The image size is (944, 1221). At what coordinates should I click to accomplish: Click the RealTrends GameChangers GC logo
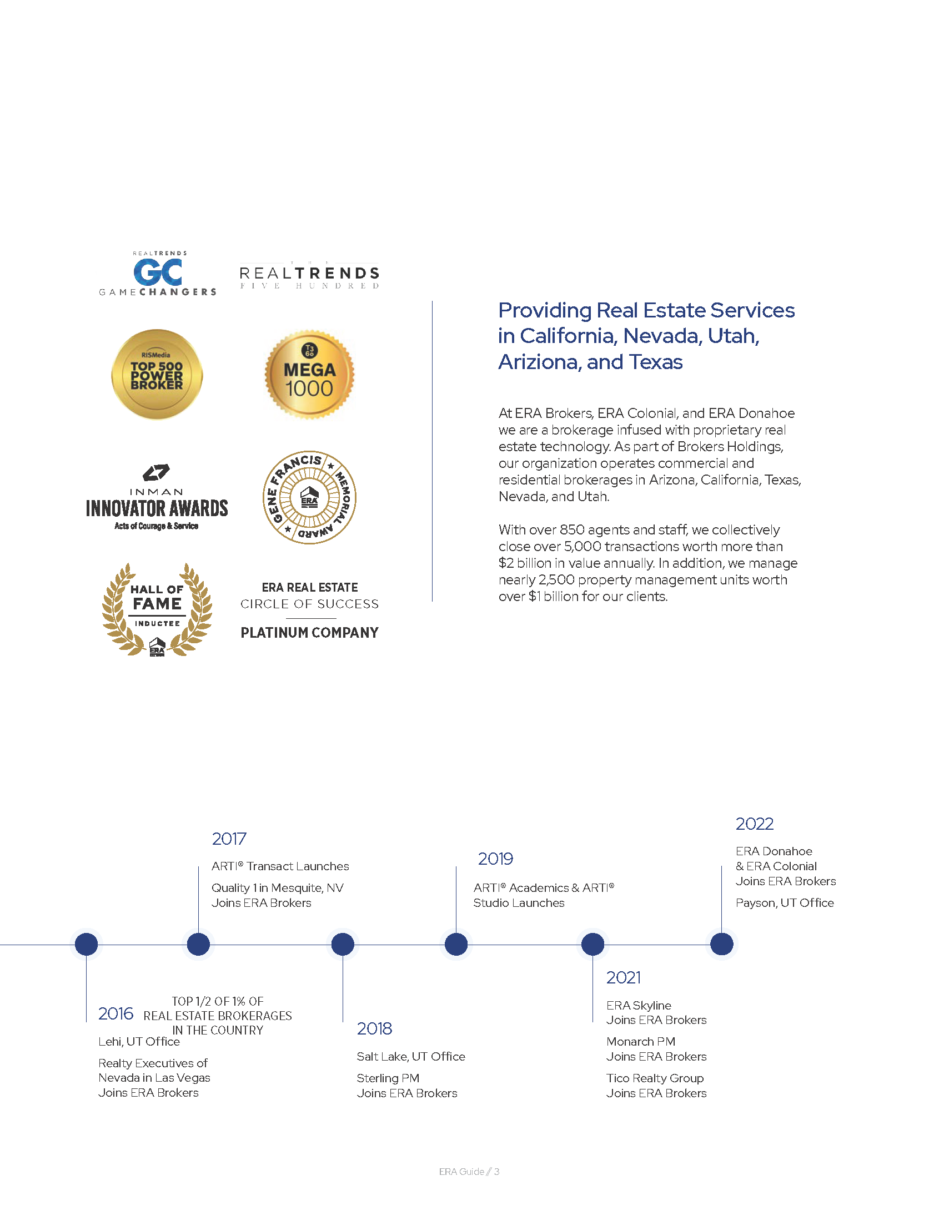point(157,274)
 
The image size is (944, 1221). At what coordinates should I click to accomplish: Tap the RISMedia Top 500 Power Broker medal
point(157,374)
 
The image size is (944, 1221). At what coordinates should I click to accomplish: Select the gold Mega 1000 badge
point(309,374)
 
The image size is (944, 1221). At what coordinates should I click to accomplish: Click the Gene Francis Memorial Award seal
point(309,497)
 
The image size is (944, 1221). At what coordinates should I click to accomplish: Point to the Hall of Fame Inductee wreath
point(157,609)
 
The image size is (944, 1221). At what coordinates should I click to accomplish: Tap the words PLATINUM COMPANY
point(309,632)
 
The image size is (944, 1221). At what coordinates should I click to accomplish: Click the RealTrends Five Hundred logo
point(309,275)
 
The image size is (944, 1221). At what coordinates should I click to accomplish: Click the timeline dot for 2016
point(86,944)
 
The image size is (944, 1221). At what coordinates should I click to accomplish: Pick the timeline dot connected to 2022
point(721,944)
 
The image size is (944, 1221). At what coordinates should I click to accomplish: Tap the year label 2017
point(229,839)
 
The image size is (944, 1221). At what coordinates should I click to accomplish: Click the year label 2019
point(495,859)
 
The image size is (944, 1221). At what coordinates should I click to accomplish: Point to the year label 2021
point(623,977)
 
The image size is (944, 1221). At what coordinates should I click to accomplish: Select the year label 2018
point(374,1028)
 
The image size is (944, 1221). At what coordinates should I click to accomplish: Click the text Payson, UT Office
point(784,903)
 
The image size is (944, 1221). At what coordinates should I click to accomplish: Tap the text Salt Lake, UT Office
point(410,1056)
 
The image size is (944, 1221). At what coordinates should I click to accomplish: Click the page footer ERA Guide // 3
point(469,1171)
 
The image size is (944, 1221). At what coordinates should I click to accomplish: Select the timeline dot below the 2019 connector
point(456,944)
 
